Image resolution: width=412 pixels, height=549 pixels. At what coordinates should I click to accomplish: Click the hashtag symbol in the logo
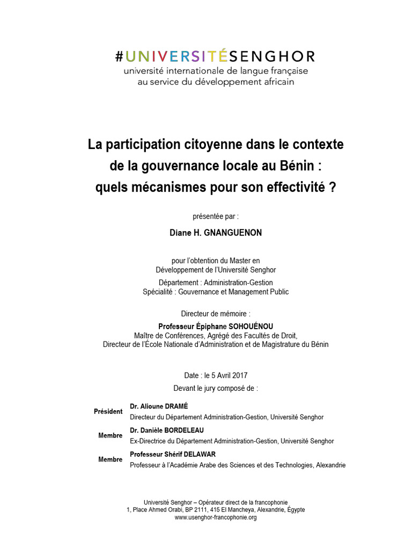[120, 56]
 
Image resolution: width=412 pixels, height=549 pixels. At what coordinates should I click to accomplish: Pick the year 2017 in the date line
[239, 376]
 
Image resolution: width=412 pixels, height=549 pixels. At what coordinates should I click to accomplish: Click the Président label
[108, 411]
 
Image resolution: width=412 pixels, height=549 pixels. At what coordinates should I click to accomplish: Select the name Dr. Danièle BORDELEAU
[167, 431]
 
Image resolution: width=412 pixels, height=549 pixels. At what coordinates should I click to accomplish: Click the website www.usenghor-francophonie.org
[216, 517]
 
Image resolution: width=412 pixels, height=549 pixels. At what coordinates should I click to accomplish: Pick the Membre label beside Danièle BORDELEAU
[111, 435]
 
